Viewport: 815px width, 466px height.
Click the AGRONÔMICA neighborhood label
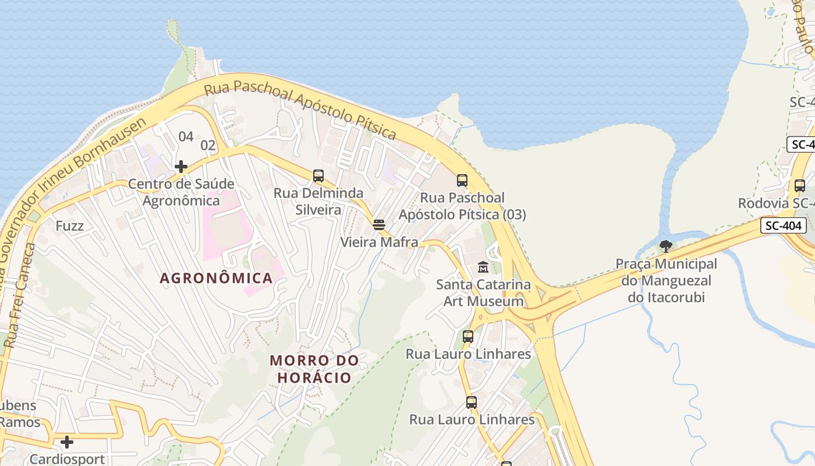point(216,278)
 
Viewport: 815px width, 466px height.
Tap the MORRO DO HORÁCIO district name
point(314,369)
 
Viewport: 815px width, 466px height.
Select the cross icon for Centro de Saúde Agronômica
point(181,167)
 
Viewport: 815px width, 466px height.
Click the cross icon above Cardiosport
point(67,442)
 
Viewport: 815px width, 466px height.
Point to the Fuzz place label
point(70,226)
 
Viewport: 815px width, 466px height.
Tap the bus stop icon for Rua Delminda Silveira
point(318,176)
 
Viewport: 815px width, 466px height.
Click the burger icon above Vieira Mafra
point(379,225)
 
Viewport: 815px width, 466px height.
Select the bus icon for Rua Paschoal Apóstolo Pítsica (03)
point(462,181)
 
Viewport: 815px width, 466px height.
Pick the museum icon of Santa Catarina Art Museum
point(483,267)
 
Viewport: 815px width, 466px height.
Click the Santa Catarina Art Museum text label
point(483,293)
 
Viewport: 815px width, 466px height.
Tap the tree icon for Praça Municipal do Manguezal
point(666,246)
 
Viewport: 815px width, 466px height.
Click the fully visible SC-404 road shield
point(783,225)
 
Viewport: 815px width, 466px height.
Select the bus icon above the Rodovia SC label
point(800,186)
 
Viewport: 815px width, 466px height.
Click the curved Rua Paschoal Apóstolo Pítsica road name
point(300,109)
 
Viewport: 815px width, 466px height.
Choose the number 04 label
point(186,137)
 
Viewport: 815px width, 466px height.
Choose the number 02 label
point(208,145)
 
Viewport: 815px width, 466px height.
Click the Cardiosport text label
point(67,459)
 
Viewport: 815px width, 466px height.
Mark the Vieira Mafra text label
point(379,242)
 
